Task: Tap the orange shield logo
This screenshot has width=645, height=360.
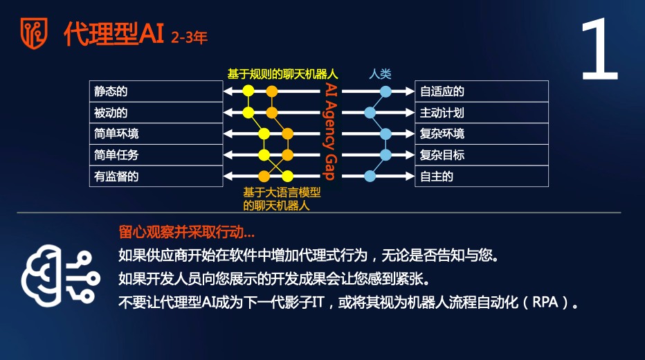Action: tap(34, 33)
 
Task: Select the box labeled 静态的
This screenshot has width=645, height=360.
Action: tap(156, 91)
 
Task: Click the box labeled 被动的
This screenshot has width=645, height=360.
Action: tap(156, 113)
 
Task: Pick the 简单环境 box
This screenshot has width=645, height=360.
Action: tap(156, 134)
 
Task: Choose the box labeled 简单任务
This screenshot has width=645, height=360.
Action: tap(156, 155)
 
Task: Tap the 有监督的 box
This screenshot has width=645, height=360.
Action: tap(156, 177)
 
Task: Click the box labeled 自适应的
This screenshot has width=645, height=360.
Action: tap(482, 91)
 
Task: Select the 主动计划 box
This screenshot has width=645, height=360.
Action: tap(482, 113)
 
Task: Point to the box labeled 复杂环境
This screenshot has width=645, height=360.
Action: tap(482, 134)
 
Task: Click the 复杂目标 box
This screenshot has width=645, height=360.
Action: tap(482, 155)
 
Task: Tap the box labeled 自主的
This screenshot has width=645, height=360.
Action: tap(482, 177)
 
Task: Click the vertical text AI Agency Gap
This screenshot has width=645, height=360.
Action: tap(331, 132)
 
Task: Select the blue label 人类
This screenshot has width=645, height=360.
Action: tap(380, 74)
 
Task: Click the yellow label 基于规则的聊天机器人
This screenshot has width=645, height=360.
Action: tap(282, 74)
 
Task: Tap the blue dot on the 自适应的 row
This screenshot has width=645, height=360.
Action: tap(385, 91)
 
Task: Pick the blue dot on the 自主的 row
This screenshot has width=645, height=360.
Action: tap(370, 177)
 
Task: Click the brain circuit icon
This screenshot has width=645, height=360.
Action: tap(60, 276)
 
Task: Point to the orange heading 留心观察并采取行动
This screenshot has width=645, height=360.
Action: tap(186, 232)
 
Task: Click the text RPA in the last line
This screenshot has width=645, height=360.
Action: tap(545, 303)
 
